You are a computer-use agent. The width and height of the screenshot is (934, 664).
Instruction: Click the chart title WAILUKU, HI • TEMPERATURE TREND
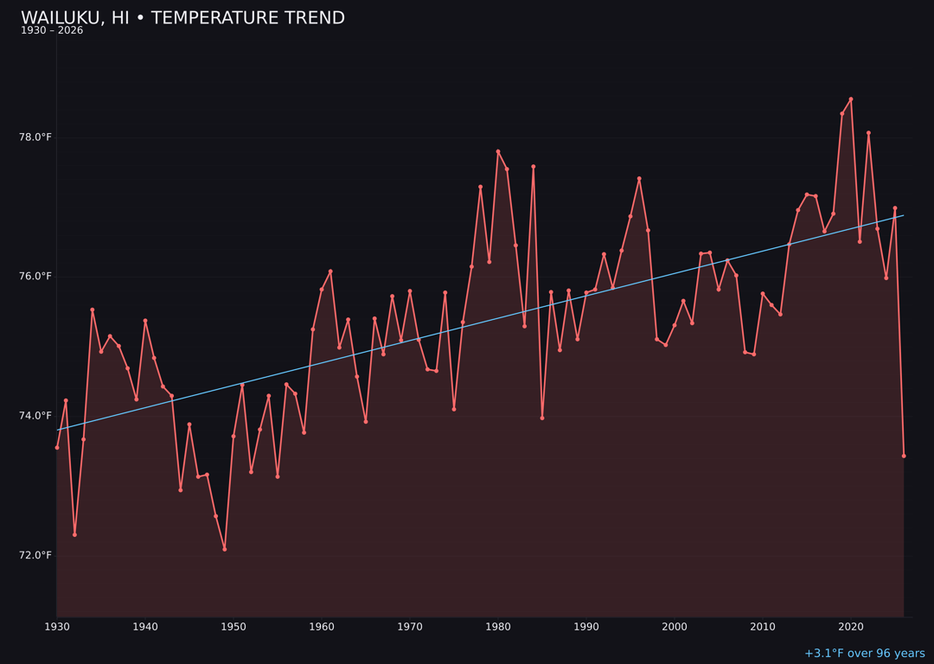tap(182, 18)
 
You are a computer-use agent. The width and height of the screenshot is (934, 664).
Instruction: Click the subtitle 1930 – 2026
tap(52, 31)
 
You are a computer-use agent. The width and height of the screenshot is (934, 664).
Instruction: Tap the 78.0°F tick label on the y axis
tap(35, 137)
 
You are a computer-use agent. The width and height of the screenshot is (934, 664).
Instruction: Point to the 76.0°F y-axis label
tap(35, 277)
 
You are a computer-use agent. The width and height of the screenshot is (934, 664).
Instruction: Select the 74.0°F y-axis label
tap(35, 416)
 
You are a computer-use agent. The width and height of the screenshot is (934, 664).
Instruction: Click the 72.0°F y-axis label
tap(35, 555)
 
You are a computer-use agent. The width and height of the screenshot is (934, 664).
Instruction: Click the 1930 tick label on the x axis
tap(57, 627)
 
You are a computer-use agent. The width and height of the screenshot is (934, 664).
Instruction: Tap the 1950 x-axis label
tap(233, 627)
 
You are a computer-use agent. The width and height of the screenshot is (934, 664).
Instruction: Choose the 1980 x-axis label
tap(498, 627)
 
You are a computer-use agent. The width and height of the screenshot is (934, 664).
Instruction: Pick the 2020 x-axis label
tap(851, 627)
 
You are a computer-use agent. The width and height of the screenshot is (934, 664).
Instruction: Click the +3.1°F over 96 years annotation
tap(864, 654)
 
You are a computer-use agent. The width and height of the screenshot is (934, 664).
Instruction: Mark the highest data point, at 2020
tap(851, 99)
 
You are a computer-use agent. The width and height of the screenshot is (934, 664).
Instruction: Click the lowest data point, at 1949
tap(225, 549)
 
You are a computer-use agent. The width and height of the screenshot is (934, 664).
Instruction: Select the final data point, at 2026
tap(904, 456)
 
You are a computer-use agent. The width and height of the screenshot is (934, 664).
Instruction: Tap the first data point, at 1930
tap(57, 447)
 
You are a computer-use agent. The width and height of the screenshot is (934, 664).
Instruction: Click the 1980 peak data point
tap(498, 151)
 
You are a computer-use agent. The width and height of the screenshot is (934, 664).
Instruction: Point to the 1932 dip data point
tap(74, 534)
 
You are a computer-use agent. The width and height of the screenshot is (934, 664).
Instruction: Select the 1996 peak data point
tap(639, 178)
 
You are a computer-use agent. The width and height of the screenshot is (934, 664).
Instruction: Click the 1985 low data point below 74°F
tap(542, 418)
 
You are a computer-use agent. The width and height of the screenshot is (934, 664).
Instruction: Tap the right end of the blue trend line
tap(904, 215)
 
